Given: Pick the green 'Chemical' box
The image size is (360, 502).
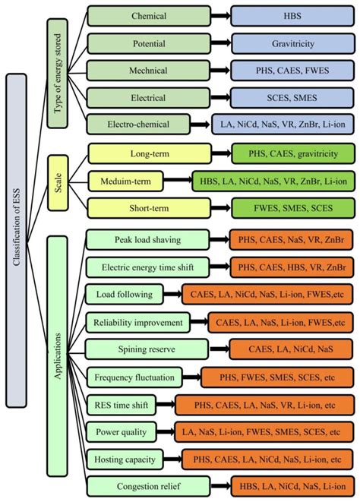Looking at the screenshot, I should tap(149, 15).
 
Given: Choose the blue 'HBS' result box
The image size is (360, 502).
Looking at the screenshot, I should tap(292, 15).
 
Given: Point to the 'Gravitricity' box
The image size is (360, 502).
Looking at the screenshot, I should tap(292, 43).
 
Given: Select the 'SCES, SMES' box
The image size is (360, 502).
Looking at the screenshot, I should tap(292, 97).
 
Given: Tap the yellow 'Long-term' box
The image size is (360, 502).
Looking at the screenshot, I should tap(149, 153).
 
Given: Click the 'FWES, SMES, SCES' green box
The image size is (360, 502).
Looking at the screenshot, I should tap(292, 207).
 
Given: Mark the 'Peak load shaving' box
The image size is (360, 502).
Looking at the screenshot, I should tap(149, 240).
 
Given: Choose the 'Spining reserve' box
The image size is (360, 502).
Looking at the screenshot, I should tap(149, 349).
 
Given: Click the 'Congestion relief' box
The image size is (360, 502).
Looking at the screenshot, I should tap(149, 485).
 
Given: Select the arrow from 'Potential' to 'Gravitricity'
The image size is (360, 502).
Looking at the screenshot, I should tap(221, 43).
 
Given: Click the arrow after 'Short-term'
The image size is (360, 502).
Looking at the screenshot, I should tap(221, 207).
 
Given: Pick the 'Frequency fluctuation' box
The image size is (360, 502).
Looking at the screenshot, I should tap(140, 377).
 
